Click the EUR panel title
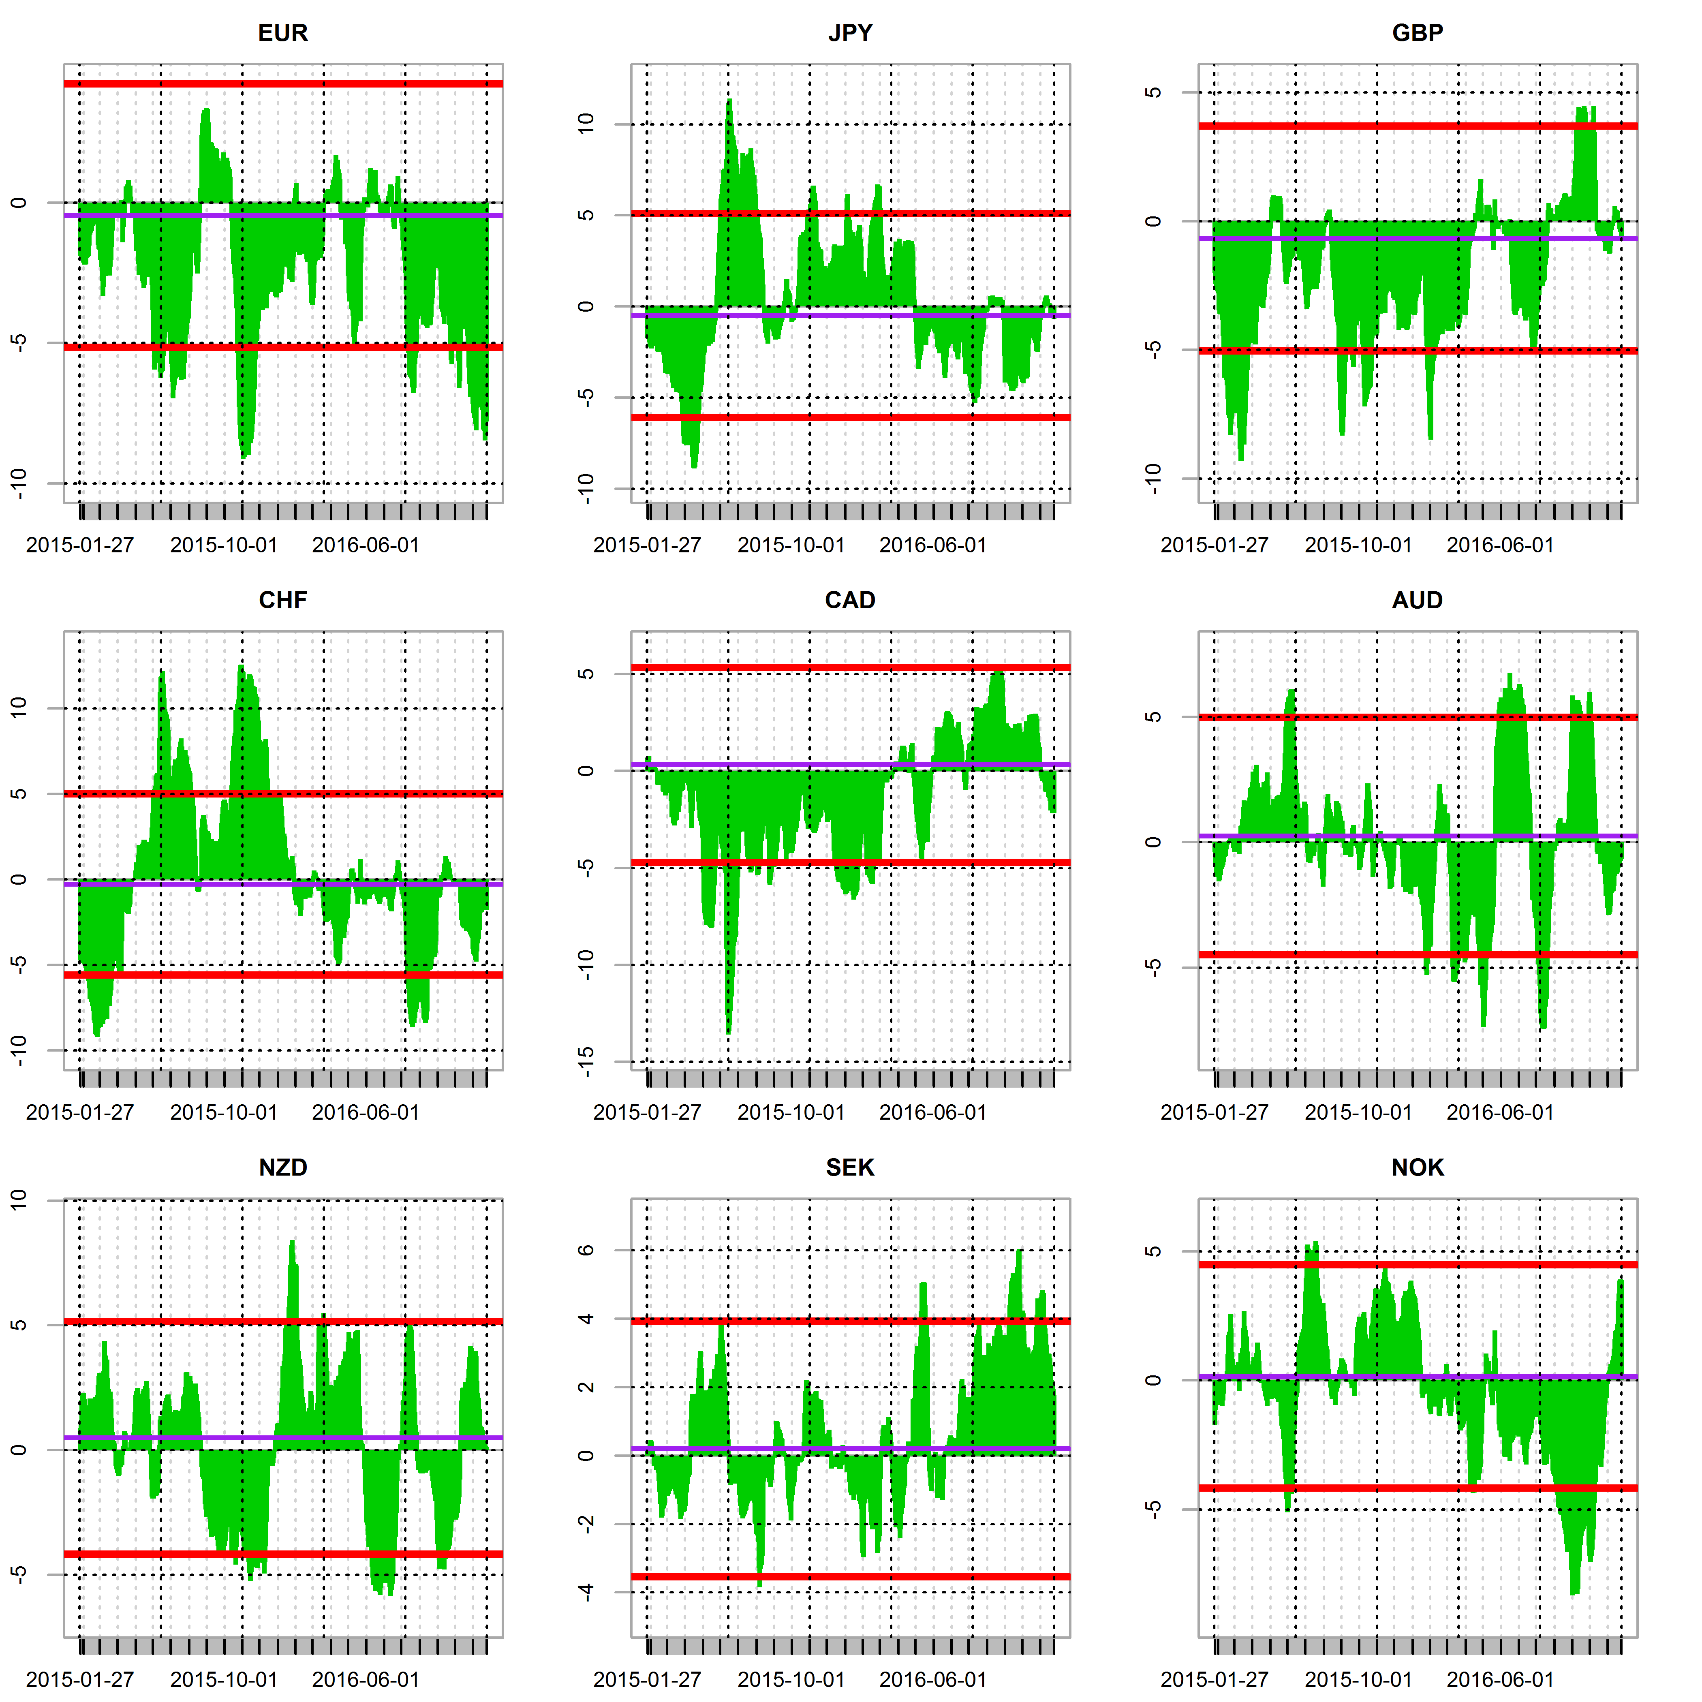tap(283, 34)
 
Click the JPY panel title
tap(850, 34)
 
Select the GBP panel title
tap(1418, 34)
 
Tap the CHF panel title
tap(283, 601)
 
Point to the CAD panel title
tap(850, 601)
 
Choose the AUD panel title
tap(1418, 601)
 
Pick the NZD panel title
tap(283, 1168)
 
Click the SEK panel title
tap(850, 1168)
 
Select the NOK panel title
tap(1418, 1168)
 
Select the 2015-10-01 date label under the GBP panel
tap(1358, 545)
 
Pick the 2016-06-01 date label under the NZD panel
tap(366, 1680)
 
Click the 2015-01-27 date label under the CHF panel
tap(80, 1113)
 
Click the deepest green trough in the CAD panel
tap(729, 1031)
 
